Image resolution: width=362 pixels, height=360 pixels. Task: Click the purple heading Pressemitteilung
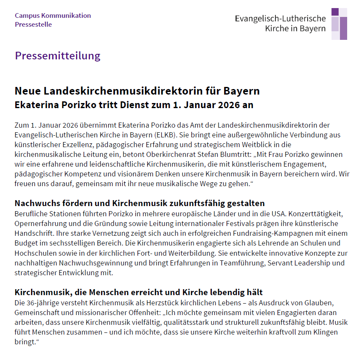coord(58,56)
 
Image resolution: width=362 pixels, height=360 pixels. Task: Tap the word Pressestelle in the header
coord(33,25)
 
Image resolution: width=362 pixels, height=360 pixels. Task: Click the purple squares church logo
coord(339,24)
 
